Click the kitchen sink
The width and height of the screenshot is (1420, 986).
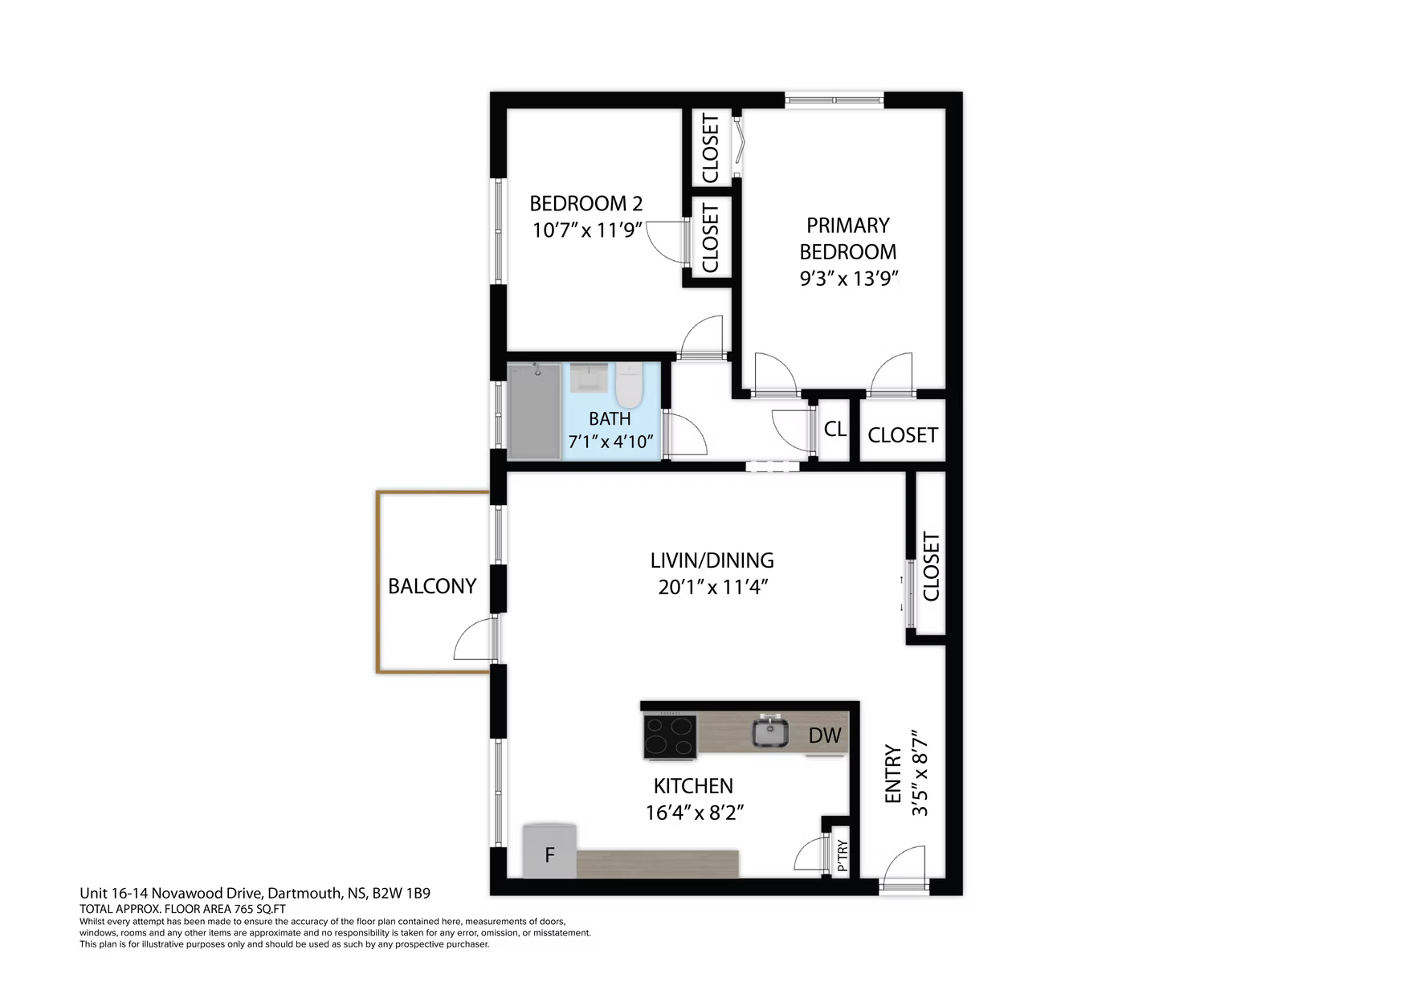[x=770, y=731]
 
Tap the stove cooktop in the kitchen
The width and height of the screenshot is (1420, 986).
[x=670, y=735]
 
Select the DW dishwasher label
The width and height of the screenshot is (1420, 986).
[x=824, y=735]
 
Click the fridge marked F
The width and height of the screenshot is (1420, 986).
[x=549, y=850]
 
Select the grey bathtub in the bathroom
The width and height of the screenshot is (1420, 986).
[x=534, y=411]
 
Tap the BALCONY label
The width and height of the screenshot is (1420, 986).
[x=432, y=586]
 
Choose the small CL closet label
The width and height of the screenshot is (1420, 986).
[x=835, y=429]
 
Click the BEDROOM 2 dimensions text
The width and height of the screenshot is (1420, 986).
[x=588, y=230]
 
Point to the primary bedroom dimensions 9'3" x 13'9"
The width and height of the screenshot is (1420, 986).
[x=848, y=279]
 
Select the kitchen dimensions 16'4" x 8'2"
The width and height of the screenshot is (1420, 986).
[x=695, y=813]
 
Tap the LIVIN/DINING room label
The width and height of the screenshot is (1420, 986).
[x=712, y=560]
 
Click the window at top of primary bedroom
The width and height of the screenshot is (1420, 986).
[x=834, y=100]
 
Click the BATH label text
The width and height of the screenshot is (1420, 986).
[x=610, y=418]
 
